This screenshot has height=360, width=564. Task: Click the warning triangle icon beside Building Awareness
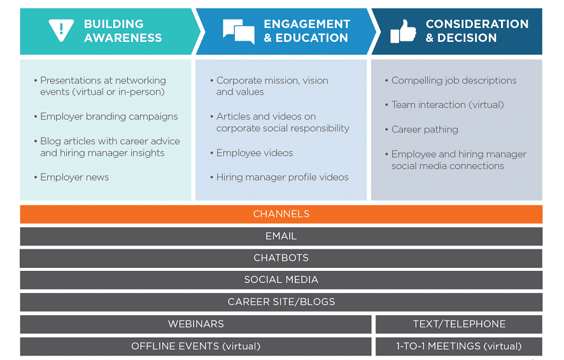[x=61, y=30]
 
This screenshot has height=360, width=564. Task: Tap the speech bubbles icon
[x=239, y=31]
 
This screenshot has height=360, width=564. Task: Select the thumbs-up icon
[x=403, y=31]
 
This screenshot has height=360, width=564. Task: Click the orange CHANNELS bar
[x=281, y=214]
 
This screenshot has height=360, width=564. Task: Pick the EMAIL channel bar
[x=281, y=236]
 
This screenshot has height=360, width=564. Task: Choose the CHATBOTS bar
[x=281, y=258]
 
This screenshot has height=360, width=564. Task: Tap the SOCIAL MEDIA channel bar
[x=281, y=280]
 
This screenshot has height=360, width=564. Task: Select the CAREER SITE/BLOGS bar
[x=281, y=301]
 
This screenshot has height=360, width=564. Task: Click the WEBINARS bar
[x=195, y=324]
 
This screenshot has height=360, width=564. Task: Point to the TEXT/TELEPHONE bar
[x=459, y=324]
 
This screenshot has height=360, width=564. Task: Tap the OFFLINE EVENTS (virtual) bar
[x=195, y=347]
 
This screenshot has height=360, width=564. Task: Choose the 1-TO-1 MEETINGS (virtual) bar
[x=459, y=347]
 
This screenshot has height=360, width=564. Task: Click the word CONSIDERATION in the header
[x=477, y=24]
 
